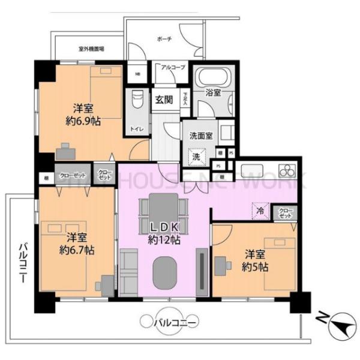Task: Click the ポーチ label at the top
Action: click(x=164, y=40)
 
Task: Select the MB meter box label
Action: click(x=137, y=75)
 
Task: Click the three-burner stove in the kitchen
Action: click(x=287, y=168)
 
